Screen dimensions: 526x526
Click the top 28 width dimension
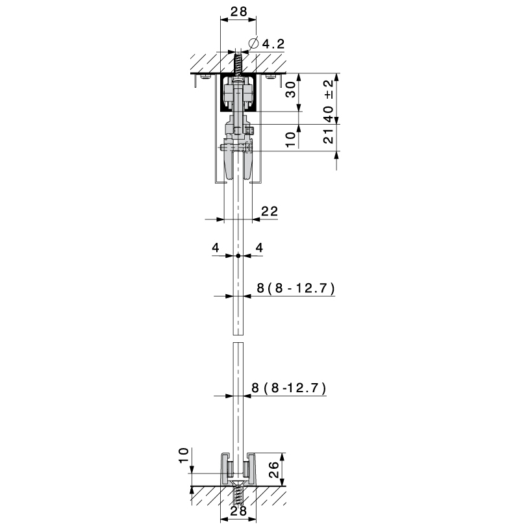(238, 12)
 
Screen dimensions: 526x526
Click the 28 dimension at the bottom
(238, 511)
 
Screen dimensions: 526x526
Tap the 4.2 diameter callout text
(273, 44)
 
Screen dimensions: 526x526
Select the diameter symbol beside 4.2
(254, 44)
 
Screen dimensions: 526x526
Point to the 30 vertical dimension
(291, 89)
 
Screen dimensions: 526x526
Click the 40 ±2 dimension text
(329, 101)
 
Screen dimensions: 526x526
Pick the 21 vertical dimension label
(329, 136)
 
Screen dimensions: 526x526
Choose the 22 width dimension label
(269, 211)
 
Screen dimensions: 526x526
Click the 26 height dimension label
(274, 470)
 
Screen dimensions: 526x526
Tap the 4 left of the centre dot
(216, 247)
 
